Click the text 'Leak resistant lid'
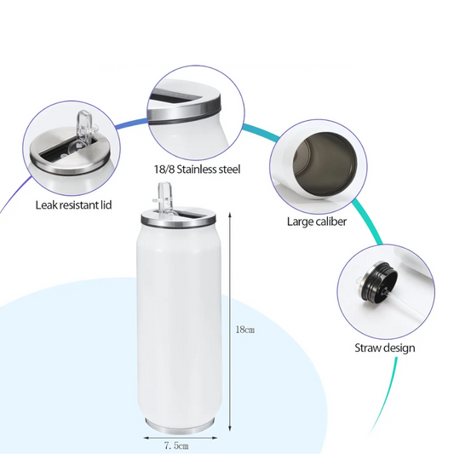72,204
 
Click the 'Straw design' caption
386,348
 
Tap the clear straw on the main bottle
160,195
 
